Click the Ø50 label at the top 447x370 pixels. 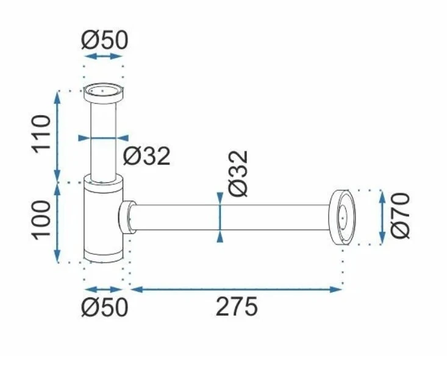105,40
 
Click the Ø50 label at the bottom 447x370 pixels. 105,307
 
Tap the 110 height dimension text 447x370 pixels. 41,134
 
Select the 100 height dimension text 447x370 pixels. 41,220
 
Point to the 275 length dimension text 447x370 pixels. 237,307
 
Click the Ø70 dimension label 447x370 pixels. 400,216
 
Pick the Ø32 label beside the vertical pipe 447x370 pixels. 147,156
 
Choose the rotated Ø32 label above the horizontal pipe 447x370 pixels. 238,173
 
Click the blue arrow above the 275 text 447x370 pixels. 236,290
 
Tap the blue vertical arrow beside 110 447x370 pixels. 57,137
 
